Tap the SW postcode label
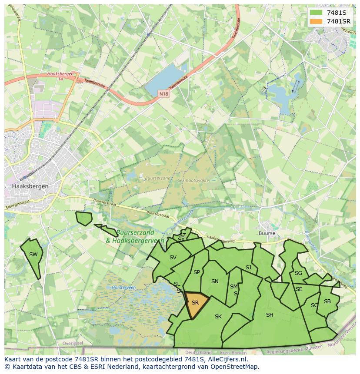tap(33, 255)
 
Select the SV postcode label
tap(173, 258)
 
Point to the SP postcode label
tap(197, 272)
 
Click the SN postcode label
tap(215, 281)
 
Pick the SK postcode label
tap(218, 317)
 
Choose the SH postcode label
tap(270, 315)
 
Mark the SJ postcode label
tap(248, 268)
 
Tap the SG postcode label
tap(298, 273)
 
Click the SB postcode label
tap(327, 301)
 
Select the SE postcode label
tap(299, 289)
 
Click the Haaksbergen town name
tap(30, 186)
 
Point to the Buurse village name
tap(267, 233)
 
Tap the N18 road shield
tap(163, 93)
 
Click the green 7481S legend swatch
tap(316, 12)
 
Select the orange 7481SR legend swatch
tap(316, 21)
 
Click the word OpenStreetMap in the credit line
tap(237, 367)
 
